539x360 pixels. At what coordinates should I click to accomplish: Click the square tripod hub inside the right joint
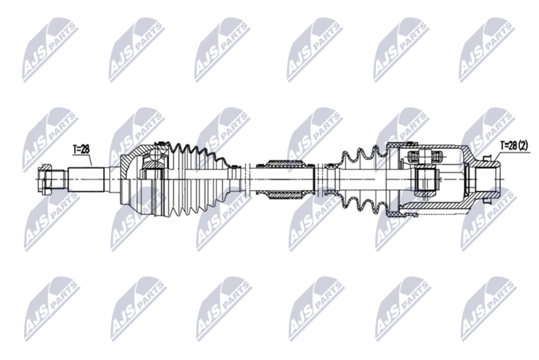click(x=426, y=180)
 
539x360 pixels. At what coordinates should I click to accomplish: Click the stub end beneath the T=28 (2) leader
click(x=486, y=178)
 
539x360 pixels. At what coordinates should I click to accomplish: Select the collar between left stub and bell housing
click(x=111, y=179)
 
